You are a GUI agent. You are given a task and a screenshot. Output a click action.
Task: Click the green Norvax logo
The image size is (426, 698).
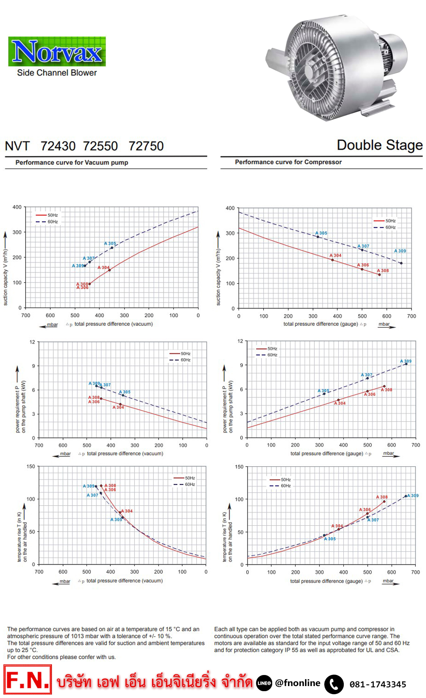coord(57,51)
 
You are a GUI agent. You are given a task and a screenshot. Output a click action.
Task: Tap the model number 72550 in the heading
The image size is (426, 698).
coord(100,146)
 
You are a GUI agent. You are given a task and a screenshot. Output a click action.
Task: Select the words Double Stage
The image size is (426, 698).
coord(380,145)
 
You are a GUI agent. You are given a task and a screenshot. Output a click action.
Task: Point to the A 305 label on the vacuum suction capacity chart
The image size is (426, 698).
coord(110,243)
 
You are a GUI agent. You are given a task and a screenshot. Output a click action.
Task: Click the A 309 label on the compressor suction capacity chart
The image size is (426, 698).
coord(400,251)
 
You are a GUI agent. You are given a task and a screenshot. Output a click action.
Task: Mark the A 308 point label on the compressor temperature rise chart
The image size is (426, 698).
coord(382,497)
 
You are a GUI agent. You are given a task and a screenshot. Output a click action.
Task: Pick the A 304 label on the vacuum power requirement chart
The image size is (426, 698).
coord(118,407)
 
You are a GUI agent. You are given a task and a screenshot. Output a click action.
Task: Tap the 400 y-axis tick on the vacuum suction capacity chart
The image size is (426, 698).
coord(17,207)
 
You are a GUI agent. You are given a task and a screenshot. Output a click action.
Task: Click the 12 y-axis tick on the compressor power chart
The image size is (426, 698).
coord(240,341)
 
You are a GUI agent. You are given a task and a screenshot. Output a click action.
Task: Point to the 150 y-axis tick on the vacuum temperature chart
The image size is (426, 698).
coord(31,466)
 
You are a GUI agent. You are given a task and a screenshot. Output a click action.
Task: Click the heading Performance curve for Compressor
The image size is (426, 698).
coord(288,162)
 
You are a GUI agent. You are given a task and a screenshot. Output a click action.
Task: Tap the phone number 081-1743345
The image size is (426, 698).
coord(378,684)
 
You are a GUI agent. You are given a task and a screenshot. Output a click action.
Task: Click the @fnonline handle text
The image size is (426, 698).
coord(298,683)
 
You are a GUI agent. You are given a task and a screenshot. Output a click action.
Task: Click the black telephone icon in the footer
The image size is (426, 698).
coord(334,684)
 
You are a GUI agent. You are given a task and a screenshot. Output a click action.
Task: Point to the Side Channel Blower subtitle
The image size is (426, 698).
coord(57,73)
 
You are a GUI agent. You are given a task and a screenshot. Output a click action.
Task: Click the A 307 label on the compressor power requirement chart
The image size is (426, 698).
coord(367,375)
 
